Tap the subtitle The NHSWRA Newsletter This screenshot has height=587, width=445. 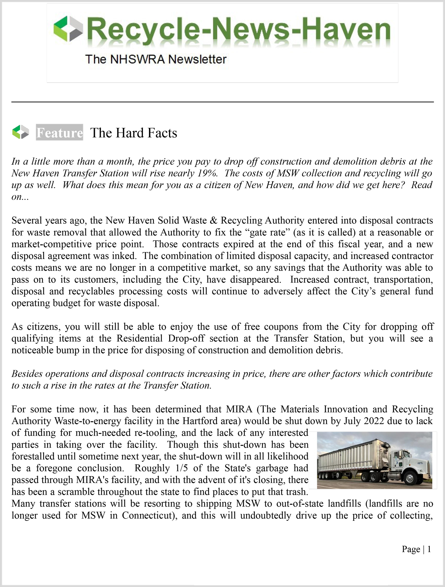point(156,59)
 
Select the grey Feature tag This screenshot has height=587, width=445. point(59,133)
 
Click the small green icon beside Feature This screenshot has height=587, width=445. point(21,132)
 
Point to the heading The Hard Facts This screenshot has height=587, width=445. point(134,133)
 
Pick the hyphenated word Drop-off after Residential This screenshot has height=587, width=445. point(186,339)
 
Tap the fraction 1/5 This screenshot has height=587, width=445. point(182,468)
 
